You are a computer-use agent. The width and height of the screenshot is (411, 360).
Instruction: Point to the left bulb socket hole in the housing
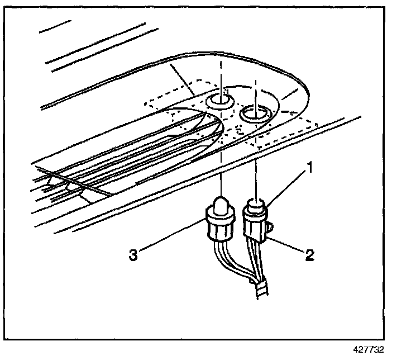[220, 101]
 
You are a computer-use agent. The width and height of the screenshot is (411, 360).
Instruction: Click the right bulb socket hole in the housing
[255, 114]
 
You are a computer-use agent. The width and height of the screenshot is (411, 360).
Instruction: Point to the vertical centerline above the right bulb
[256, 168]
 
